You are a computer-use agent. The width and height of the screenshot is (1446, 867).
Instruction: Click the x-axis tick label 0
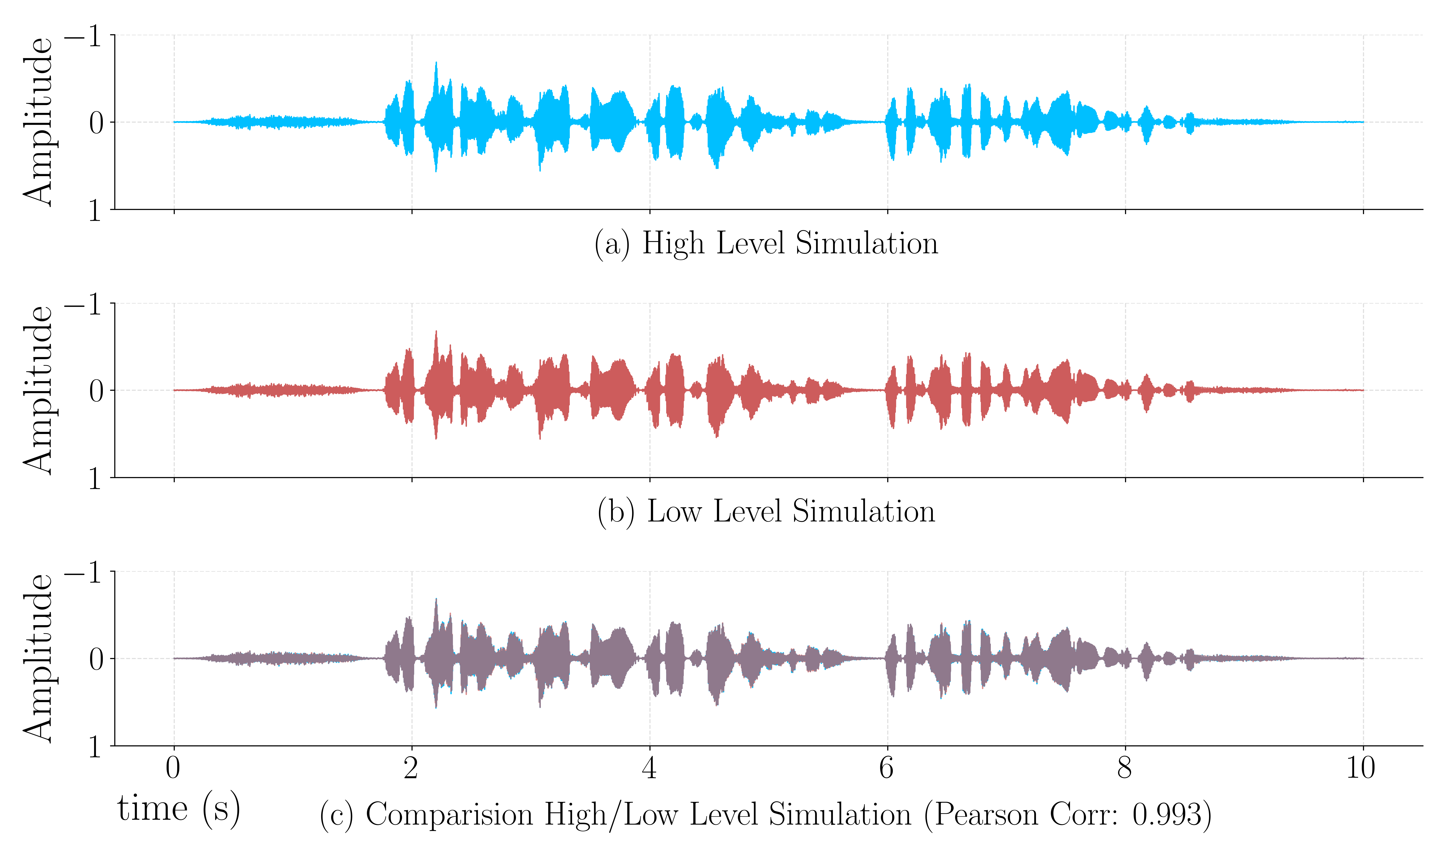pyautogui.click(x=173, y=768)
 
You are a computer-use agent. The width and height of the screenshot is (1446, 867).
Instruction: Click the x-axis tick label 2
pyautogui.click(x=411, y=768)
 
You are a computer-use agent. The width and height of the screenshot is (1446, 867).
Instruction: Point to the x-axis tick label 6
pyautogui.click(x=887, y=768)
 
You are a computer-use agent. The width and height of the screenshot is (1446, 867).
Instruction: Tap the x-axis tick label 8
pyautogui.click(x=1125, y=768)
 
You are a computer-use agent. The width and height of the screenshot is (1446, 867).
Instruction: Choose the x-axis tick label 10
pyautogui.click(x=1361, y=768)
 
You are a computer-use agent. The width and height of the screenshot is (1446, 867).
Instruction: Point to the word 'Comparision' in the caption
pyautogui.click(x=449, y=814)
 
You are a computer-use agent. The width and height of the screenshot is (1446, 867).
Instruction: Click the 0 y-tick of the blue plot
pyautogui.click(x=96, y=123)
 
